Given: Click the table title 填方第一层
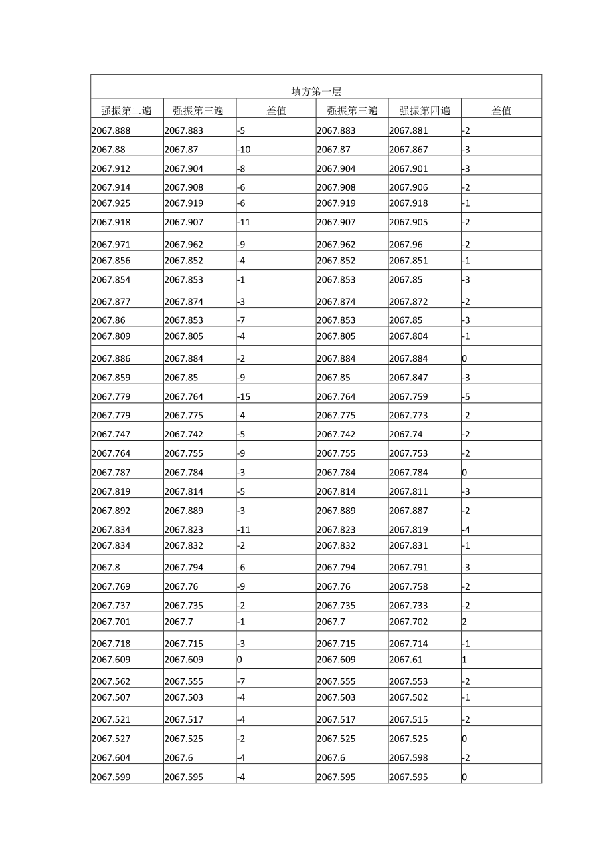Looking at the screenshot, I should tap(315, 92).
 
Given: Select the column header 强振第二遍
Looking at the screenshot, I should tap(126, 111).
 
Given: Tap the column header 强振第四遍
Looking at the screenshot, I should tap(424, 111).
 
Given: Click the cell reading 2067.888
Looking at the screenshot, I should tap(111, 131).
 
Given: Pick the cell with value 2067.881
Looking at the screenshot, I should tap(408, 131).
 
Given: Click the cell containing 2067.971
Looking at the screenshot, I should tap(111, 245).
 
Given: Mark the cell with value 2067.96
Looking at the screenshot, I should tap(406, 245).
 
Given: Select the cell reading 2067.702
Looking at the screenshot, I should tap(408, 622).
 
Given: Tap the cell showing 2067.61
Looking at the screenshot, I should tap(406, 660).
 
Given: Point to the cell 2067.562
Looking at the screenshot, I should tap(111, 682).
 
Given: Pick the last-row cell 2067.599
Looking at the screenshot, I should tap(111, 777).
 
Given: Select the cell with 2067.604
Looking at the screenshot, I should tap(111, 758).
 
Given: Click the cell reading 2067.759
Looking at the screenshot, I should tap(408, 397).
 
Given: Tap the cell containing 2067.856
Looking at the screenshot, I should tap(111, 261).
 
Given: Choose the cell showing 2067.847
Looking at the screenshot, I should tap(408, 378).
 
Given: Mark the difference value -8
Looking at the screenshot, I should tap(241, 169).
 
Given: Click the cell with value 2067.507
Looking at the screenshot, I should tap(111, 698).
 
